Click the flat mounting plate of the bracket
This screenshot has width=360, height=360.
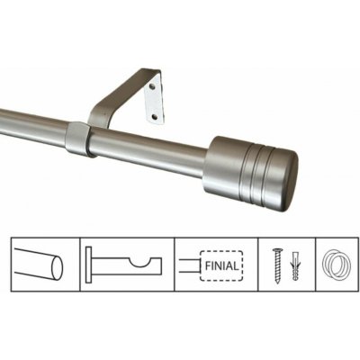(154, 99)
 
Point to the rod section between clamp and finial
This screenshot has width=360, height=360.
(148, 153)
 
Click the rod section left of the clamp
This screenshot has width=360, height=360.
(31, 127)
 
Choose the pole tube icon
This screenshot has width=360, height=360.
(40, 267)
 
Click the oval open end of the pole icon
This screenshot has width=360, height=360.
(58, 267)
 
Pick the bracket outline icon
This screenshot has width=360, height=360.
(126, 267)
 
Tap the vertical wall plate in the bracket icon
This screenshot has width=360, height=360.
(93, 267)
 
